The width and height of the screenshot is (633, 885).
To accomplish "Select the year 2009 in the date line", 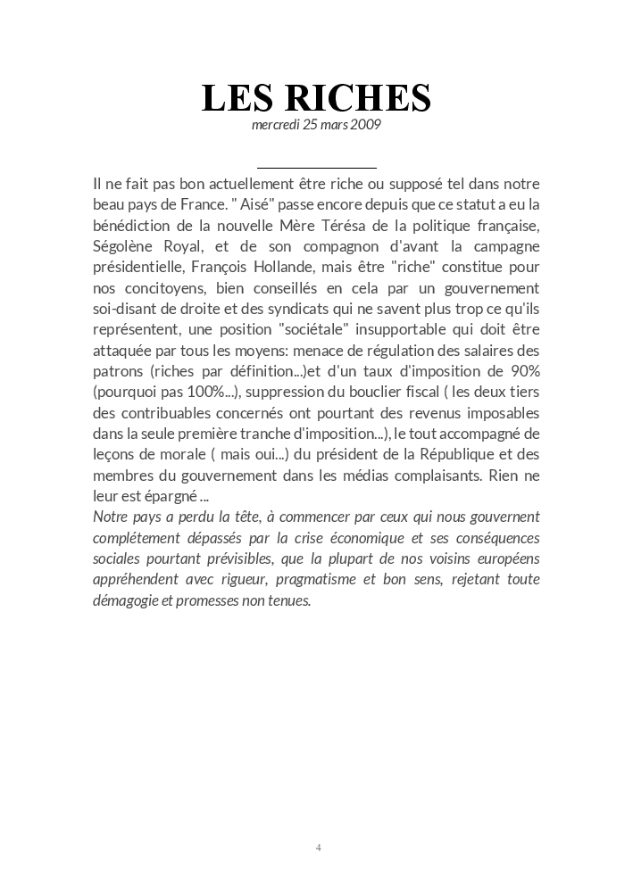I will pyautogui.click(x=367, y=125).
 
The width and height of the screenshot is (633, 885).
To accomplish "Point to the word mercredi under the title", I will pyautogui.click(x=276, y=125).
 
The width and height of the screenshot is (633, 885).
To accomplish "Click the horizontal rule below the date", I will pyautogui.click(x=316, y=167).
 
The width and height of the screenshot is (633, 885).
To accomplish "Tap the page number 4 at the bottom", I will pyautogui.click(x=318, y=847).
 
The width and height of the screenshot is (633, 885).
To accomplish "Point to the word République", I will pyautogui.click(x=437, y=454).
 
